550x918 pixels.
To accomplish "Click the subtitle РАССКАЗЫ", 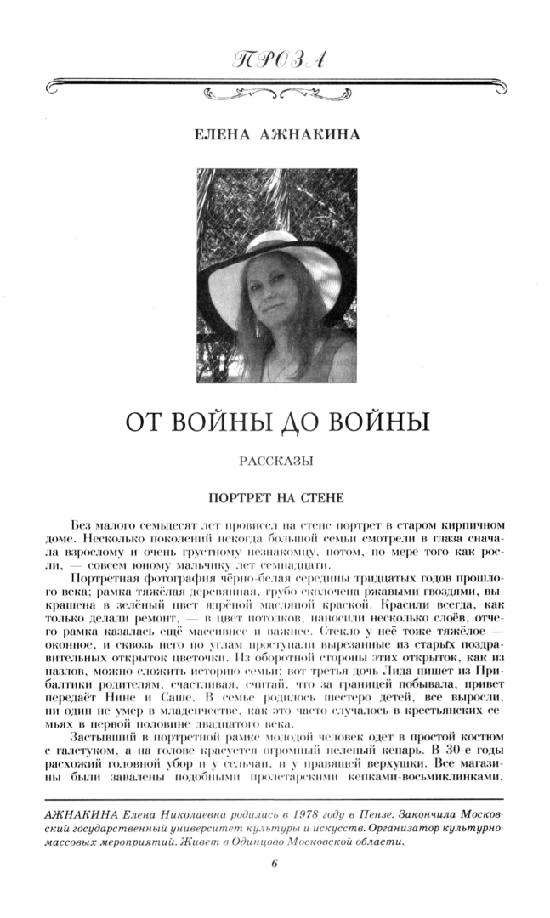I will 274,462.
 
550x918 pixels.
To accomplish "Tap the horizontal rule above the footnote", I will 275,799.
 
